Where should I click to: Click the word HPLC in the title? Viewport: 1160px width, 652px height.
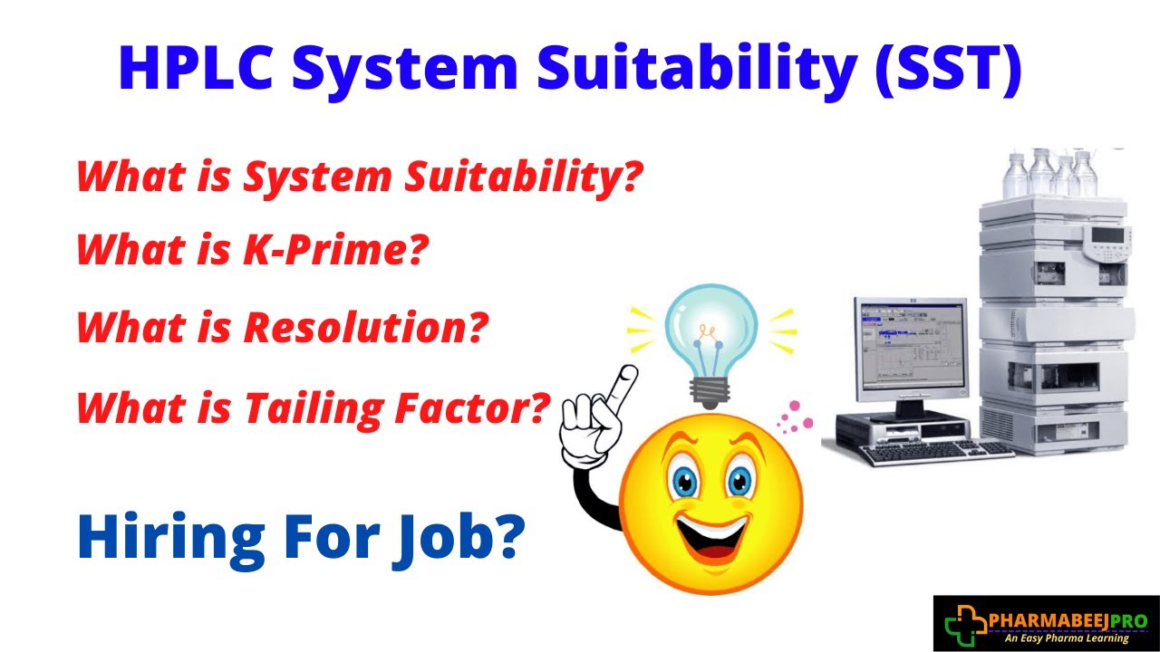click(192, 69)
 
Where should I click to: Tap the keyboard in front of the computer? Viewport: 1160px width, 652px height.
click(933, 450)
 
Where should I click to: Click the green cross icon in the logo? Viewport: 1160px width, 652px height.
click(962, 623)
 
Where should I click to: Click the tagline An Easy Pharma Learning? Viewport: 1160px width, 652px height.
click(1068, 638)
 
